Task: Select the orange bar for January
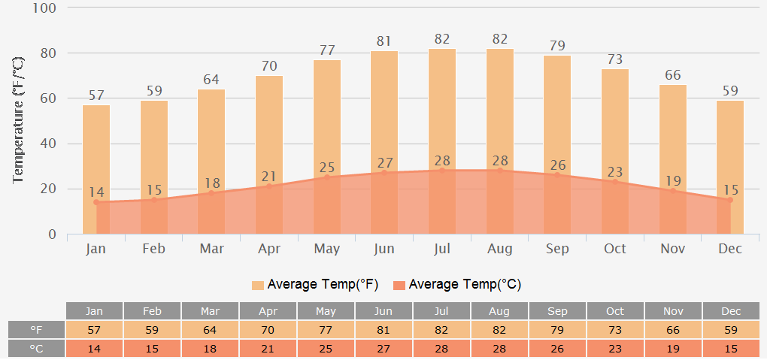pyautogui.click(x=96, y=150)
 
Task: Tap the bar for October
pyautogui.click(x=615, y=120)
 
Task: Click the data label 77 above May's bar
pyautogui.click(x=326, y=50)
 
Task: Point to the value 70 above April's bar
pyautogui.click(x=269, y=66)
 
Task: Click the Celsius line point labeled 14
pyautogui.click(x=96, y=202)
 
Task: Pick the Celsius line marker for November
pyautogui.click(x=673, y=191)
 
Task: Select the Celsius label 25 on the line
pyautogui.click(x=326, y=167)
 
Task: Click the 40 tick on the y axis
pyautogui.click(x=48, y=144)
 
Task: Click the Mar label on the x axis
pyautogui.click(x=211, y=249)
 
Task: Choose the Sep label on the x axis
pyautogui.click(x=557, y=249)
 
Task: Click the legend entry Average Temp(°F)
pyautogui.click(x=315, y=284)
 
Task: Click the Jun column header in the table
pyautogui.click(x=383, y=311)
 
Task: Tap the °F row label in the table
pyautogui.click(x=36, y=330)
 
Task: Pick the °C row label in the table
pyautogui.click(x=36, y=349)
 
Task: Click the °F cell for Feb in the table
pyautogui.click(x=153, y=330)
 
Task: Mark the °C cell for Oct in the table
pyautogui.click(x=614, y=349)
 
